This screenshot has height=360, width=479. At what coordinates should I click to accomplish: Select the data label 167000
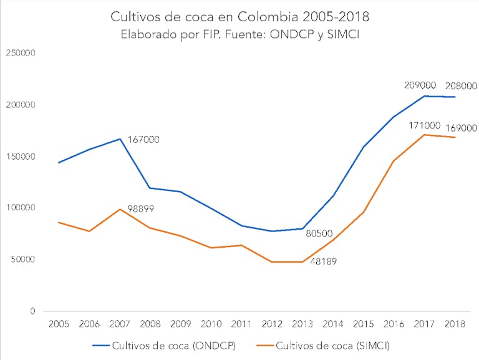[x=143, y=140]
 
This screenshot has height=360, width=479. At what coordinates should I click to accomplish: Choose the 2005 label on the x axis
[x=59, y=324]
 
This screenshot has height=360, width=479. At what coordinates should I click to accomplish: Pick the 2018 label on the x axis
[x=455, y=324]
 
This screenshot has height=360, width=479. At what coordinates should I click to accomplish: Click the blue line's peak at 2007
[x=120, y=139]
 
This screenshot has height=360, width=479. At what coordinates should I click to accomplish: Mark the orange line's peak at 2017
[x=424, y=135]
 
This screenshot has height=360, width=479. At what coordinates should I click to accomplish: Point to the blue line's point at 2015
[x=363, y=147]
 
